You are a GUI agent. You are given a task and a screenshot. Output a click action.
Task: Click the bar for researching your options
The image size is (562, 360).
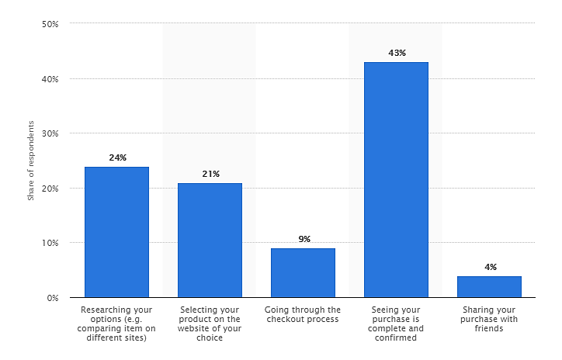tap(117, 232)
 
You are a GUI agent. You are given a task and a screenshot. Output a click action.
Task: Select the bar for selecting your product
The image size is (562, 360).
tap(210, 241)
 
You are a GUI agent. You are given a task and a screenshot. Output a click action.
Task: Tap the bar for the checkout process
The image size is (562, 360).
tap(304, 273)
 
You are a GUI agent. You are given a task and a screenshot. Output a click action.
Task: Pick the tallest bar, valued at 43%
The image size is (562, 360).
tap(396, 180)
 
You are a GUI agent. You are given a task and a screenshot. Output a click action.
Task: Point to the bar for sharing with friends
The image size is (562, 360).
tap(489, 287)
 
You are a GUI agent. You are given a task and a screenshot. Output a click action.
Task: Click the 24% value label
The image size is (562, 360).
tap(118, 157)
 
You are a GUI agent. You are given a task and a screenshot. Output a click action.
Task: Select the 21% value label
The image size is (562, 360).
tap(211, 174)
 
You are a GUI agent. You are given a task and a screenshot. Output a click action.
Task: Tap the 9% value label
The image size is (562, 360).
tap(304, 239)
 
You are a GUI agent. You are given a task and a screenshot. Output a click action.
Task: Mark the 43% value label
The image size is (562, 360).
tap(397, 53)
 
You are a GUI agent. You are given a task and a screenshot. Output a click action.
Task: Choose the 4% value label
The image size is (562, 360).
tap(491, 267)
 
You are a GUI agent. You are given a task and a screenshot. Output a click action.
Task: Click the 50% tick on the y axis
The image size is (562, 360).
tap(50, 24)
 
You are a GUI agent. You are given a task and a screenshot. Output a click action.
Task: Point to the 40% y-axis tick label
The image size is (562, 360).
tap(50, 79)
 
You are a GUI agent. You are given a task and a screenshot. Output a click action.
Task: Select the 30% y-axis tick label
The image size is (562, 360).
tap(50, 133)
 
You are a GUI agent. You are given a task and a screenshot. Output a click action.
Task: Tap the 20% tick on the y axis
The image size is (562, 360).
tap(50, 189)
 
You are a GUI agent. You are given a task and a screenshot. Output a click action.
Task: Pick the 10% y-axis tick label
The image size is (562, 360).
tap(50, 243)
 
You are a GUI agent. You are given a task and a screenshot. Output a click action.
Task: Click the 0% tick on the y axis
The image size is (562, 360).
tap(53, 298)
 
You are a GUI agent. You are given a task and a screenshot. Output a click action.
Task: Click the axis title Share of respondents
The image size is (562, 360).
tap(31, 161)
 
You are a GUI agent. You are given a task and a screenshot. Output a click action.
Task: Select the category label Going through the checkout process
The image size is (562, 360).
tap(303, 314)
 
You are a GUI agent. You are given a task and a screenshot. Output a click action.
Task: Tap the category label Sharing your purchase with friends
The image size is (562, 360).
tap(489, 319)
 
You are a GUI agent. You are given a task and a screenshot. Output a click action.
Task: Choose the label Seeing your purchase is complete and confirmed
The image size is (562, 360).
tap(396, 324)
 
